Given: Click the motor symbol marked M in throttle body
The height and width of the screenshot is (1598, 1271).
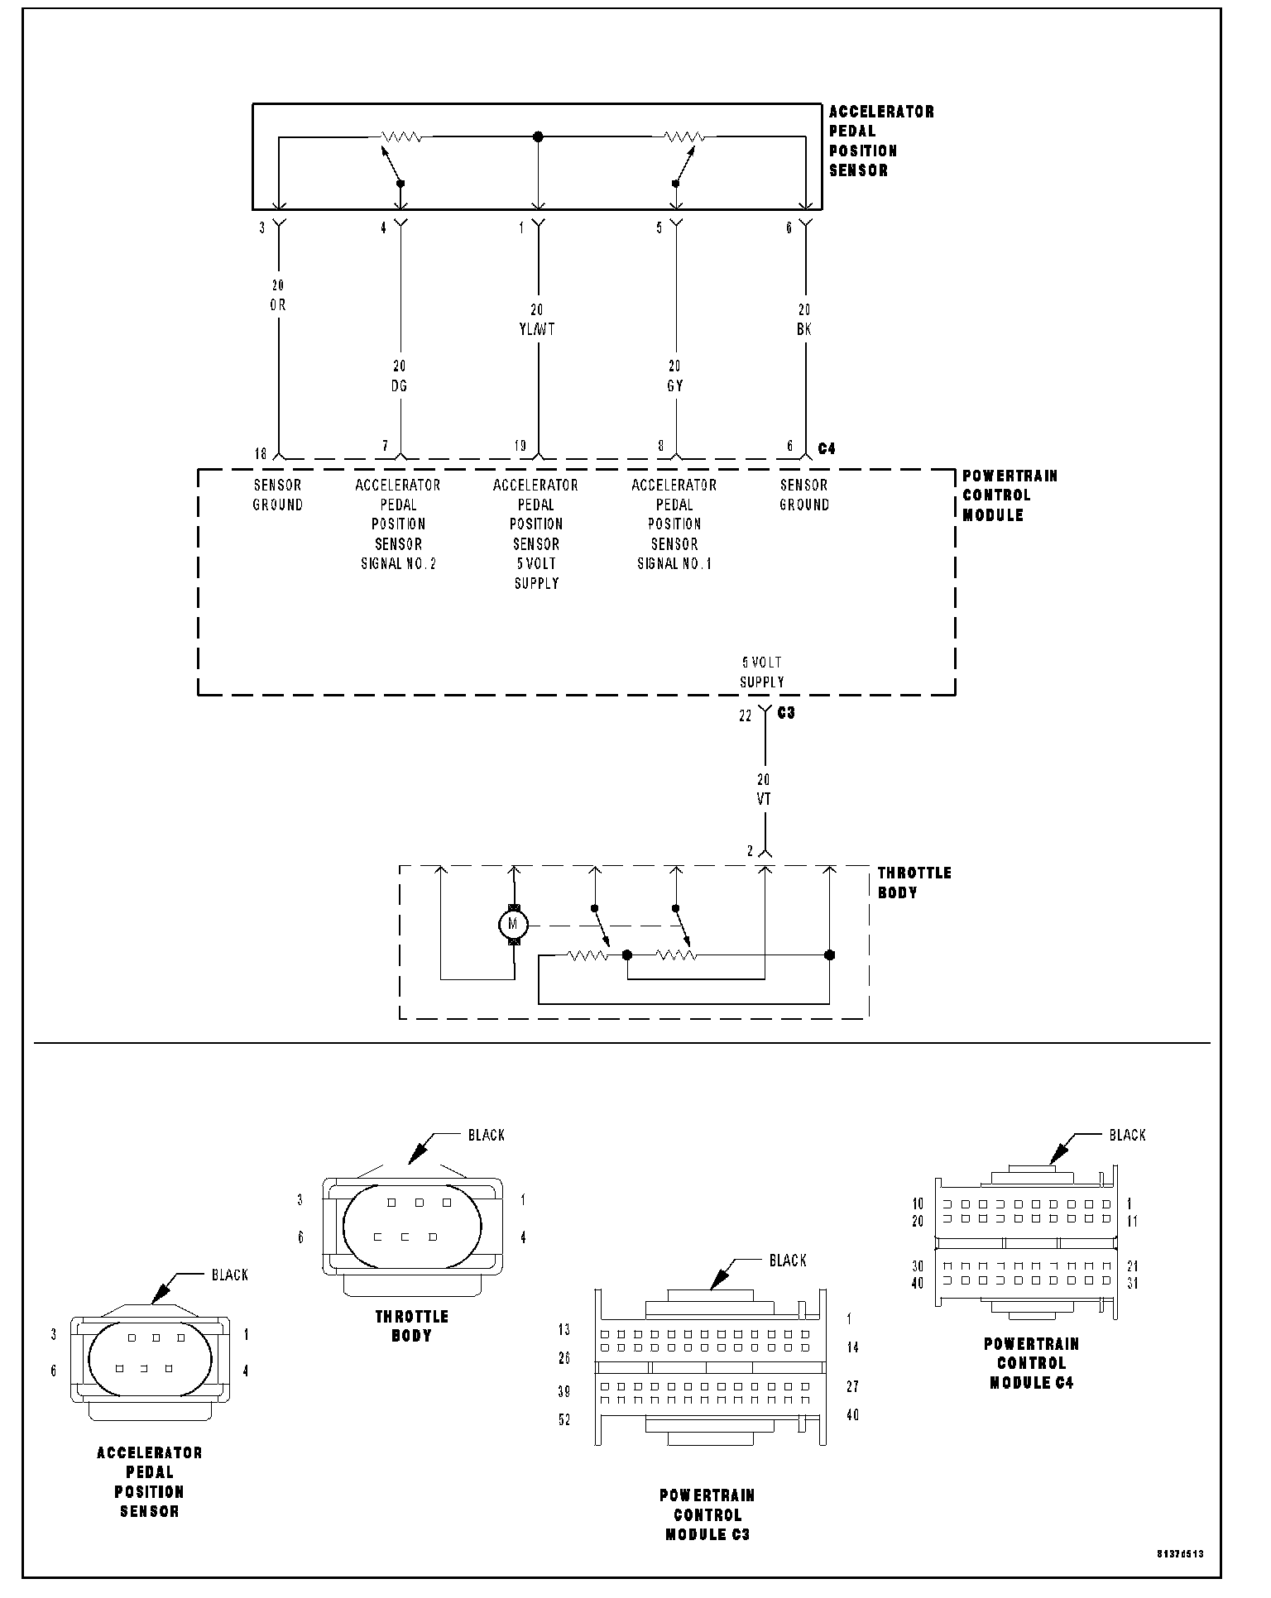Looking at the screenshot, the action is [513, 923].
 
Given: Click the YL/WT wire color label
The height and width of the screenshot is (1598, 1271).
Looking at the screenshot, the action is [537, 329].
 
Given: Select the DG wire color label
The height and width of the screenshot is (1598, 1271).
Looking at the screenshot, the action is [399, 385].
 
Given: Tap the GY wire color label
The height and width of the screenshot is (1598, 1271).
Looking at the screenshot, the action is [675, 385].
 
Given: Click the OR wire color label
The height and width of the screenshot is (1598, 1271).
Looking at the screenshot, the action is [277, 305].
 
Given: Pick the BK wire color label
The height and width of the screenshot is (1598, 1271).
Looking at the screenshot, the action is [803, 329].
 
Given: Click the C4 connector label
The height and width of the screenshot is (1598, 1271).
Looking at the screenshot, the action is [827, 448].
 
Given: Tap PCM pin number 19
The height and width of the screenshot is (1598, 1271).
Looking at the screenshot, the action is [520, 447].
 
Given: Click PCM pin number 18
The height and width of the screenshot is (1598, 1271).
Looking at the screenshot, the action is [260, 453].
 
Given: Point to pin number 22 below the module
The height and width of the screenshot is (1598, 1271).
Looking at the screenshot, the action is [745, 716].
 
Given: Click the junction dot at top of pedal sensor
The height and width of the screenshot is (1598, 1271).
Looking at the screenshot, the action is [538, 136].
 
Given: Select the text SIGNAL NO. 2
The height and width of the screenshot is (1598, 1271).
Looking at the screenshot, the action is [398, 564].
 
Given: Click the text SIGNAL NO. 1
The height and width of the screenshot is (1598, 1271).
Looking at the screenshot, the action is [674, 564].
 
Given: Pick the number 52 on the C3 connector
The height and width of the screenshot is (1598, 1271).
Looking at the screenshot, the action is [564, 1420].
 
